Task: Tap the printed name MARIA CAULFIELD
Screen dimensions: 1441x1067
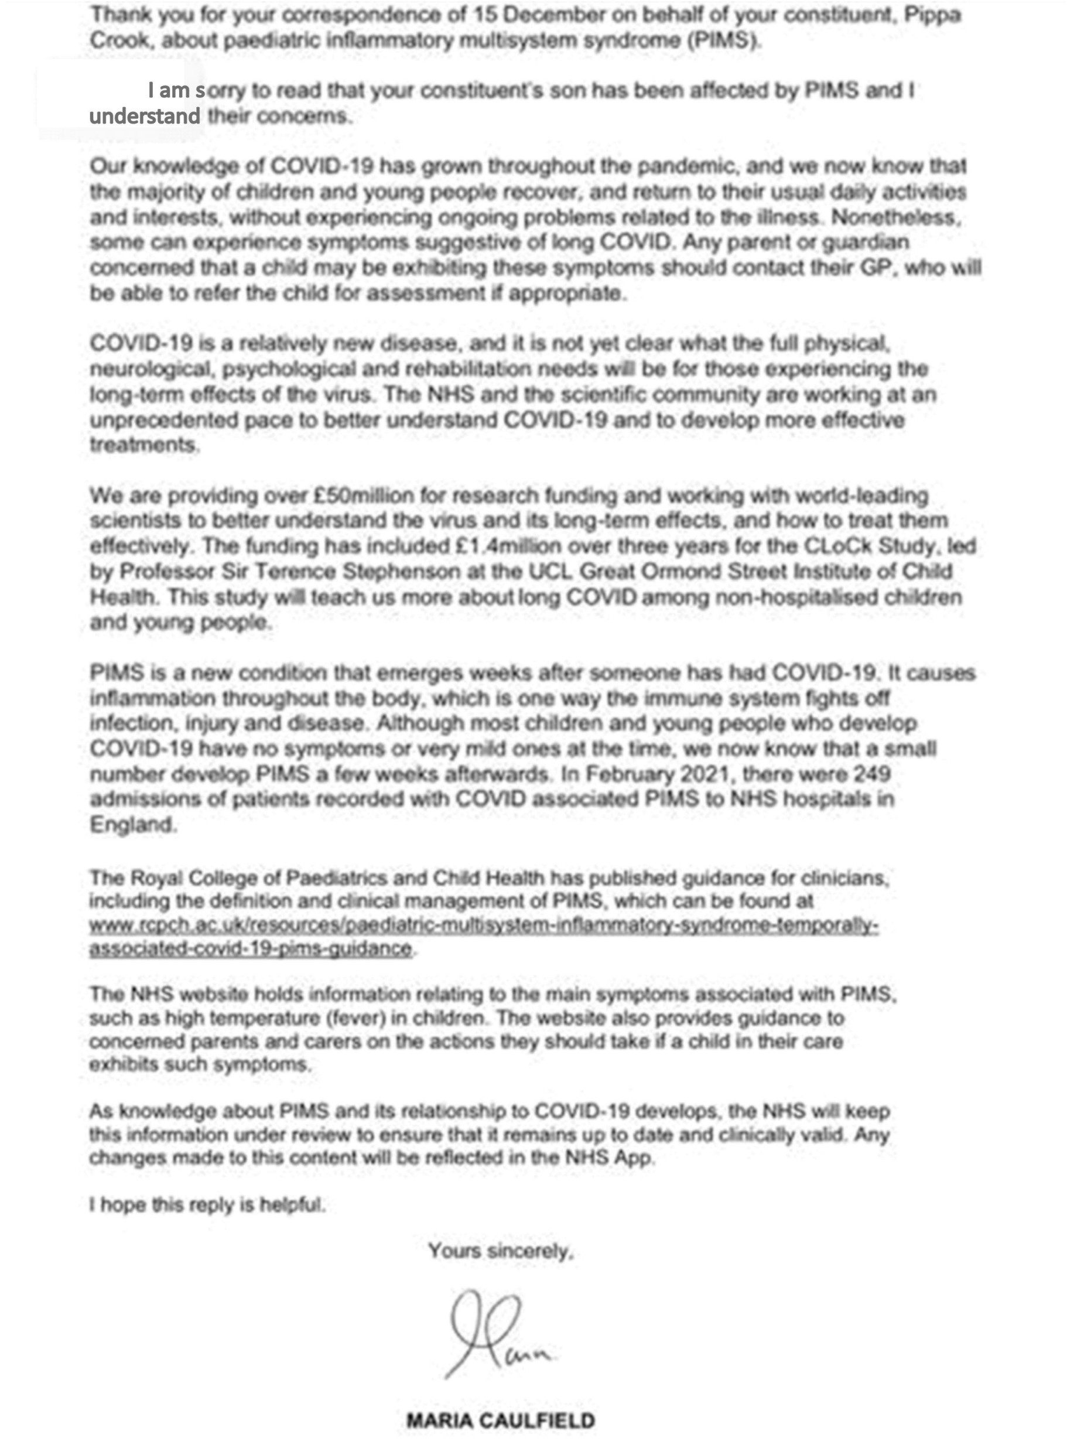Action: (x=501, y=1420)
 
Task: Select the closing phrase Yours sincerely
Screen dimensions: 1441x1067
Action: (x=501, y=1251)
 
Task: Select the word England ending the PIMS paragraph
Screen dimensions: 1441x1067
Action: (x=132, y=825)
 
